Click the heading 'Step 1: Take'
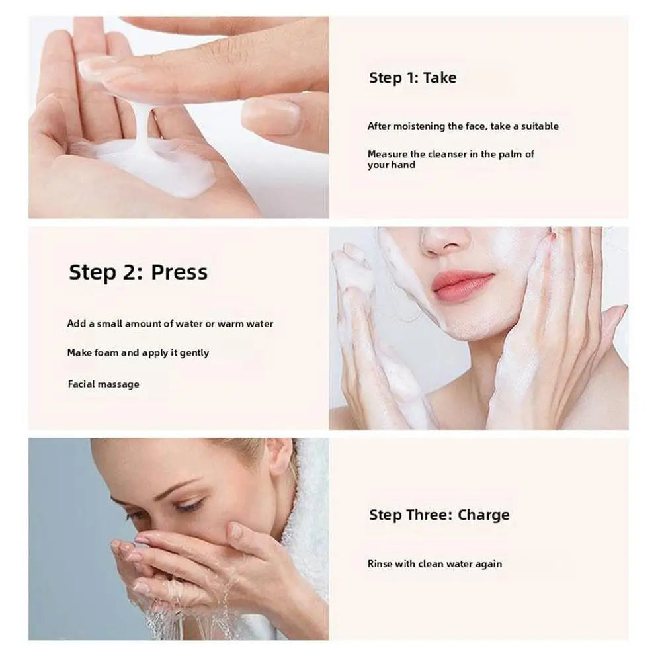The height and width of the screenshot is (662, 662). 413,78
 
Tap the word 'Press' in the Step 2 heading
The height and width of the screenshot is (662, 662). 179,272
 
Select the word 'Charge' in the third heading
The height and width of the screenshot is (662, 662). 483,515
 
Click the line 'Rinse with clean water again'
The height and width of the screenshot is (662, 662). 434,564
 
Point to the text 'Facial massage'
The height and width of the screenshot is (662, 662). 103,384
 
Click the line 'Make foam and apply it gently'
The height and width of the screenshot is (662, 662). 138,353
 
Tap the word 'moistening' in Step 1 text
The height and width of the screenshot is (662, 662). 418,126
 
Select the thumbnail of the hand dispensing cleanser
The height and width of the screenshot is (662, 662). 272,116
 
